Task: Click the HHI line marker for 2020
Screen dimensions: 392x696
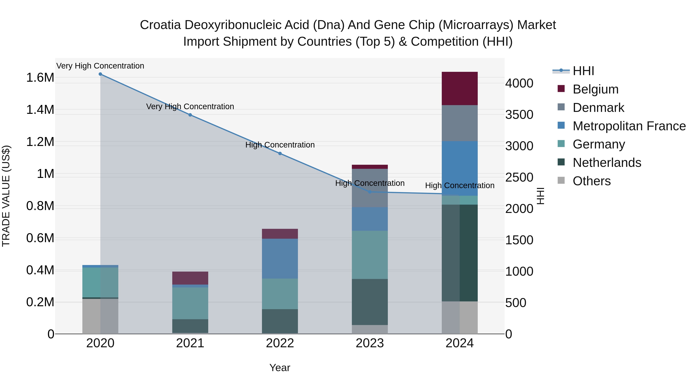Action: pos(100,74)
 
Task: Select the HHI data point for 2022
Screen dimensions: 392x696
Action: pos(280,153)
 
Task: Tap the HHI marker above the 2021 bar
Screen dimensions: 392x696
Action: pos(190,115)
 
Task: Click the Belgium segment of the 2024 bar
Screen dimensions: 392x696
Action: pos(460,88)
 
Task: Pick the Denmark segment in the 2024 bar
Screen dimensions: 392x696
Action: pos(460,123)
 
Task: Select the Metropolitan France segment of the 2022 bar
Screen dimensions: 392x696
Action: pos(280,258)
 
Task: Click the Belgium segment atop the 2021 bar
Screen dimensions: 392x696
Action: pos(190,278)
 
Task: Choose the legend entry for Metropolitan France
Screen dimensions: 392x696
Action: pos(629,126)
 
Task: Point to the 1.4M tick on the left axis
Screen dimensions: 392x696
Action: pos(40,110)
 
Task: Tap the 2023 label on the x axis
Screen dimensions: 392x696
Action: pos(370,343)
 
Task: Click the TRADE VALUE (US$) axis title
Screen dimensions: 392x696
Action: pos(6,196)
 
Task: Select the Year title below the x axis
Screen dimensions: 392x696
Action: pos(280,368)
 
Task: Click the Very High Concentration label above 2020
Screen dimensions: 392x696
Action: pos(100,66)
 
